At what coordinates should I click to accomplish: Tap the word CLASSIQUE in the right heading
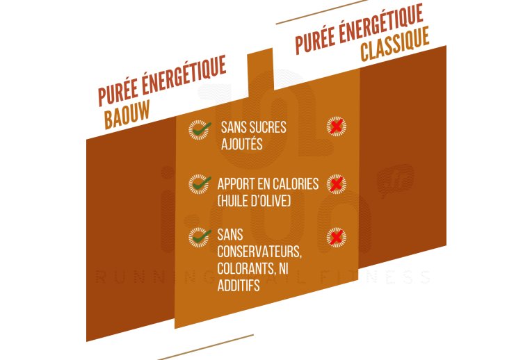click(x=394, y=44)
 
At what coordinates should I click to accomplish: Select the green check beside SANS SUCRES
click(x=200, y=129)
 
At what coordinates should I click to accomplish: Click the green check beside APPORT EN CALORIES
click(x=200, y=184)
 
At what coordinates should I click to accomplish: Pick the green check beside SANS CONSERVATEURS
click(x=200, y=237)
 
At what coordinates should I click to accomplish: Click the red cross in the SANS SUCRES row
click(x=336, y=126)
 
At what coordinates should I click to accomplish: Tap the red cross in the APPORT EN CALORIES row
click(x=336, y=184)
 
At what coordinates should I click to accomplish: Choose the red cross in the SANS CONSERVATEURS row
click(x=336, y=237)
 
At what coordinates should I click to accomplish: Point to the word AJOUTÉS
click(x=241, y=143)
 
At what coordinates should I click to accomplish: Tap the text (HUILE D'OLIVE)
click(x=254, y=201)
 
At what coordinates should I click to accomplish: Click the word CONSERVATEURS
click(x=259, y=252)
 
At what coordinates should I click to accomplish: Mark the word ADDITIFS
click(x=239, y=285)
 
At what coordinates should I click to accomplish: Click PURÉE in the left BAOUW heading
click(x=118, y=92)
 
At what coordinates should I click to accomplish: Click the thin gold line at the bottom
click(x=206, y=347)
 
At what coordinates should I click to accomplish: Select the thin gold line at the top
click(x=321, y=13)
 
